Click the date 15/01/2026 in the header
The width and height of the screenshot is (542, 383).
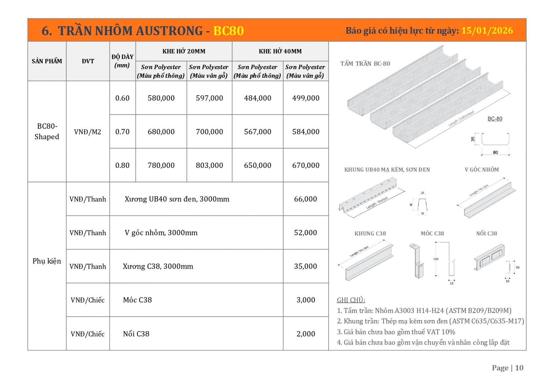(x=487, y=30)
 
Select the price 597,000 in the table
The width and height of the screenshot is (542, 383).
(x=209, y=98)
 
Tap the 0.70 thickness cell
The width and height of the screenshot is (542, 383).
(x=122, y=132)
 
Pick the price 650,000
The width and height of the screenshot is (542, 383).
(x=257, y=165)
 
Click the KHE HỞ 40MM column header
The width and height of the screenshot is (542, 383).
(x=280, y=51)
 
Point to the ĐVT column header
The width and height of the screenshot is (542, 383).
(x=88, y=61)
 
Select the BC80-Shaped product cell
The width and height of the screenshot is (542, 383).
(x=47, y=131)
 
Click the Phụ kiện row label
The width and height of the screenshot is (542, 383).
(x=47, y=261)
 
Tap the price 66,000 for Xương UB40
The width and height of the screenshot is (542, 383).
(x=306, y=199)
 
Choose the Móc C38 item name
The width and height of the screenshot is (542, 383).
(x=137, y=300)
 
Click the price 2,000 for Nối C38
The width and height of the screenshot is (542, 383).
(x=306, y=334)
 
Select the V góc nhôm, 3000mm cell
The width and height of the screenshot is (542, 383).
(x=161, y=233)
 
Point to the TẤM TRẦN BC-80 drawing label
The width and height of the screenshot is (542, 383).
(x=365, y=64)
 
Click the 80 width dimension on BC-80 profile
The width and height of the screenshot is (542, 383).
(x=495, y=152)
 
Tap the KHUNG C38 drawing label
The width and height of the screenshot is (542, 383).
(x=370, y=234)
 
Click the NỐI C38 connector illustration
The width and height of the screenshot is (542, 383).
(x=489, y=257)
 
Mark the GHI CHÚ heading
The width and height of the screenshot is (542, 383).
(x=351, y=300)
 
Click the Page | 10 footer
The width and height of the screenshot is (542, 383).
(x=507, y=368)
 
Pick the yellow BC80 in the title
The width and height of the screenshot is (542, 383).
(x=228, y=31)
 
